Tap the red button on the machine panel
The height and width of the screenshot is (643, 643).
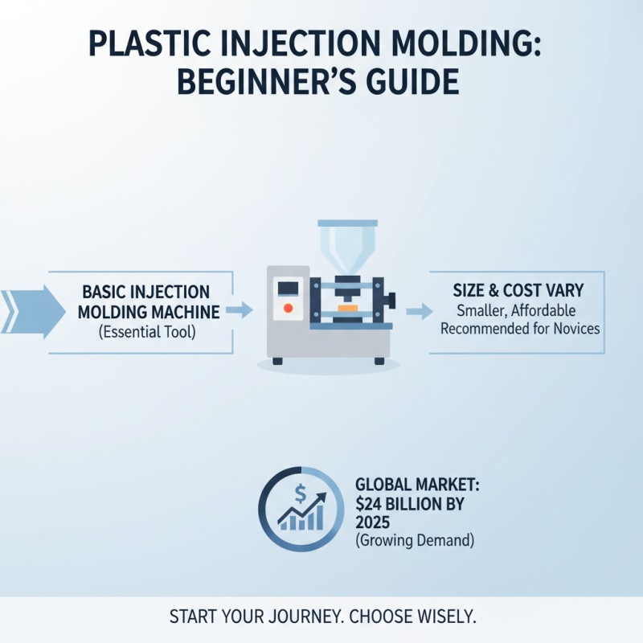click(289, 308)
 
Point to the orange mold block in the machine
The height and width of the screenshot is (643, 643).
click(347, 307)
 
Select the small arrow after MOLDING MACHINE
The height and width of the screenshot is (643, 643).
click(239, 309)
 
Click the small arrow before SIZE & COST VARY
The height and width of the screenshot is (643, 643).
click(416, 311)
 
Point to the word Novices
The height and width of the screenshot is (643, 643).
click(574, 328)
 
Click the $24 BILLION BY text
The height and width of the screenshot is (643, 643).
click(409, 503)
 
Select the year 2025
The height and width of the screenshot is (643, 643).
click(372, 522)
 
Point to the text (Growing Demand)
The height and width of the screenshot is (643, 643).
click(414, 541)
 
